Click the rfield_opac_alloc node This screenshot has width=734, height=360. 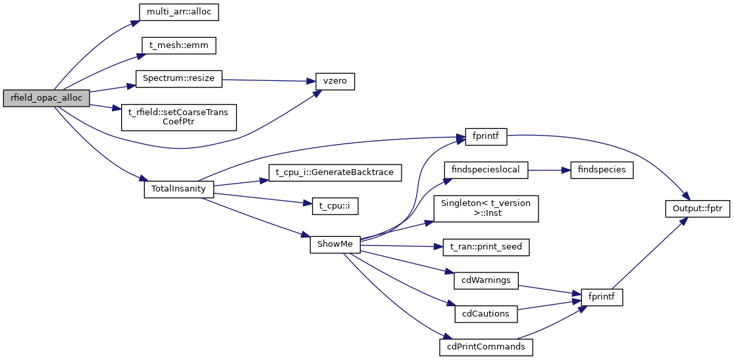pos(46,98)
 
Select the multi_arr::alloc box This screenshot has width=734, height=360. pos(178,11)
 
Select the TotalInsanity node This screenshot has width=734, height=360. pos(179,189)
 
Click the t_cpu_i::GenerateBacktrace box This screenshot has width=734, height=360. pos(334,172)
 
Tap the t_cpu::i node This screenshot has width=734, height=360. pos(334,205)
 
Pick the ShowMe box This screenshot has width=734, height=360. pos(335,244)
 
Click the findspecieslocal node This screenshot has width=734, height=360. pos(486,170)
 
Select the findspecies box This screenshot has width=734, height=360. pos(602,170)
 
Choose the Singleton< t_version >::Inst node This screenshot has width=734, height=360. pos(486,208)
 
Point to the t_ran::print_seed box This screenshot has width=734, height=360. pos(486,247)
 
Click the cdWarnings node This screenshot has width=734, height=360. pos(486,280)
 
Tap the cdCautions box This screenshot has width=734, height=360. pos(486,314)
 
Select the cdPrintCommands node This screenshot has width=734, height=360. pos(486,347)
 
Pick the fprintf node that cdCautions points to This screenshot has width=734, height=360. pos(602,297)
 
